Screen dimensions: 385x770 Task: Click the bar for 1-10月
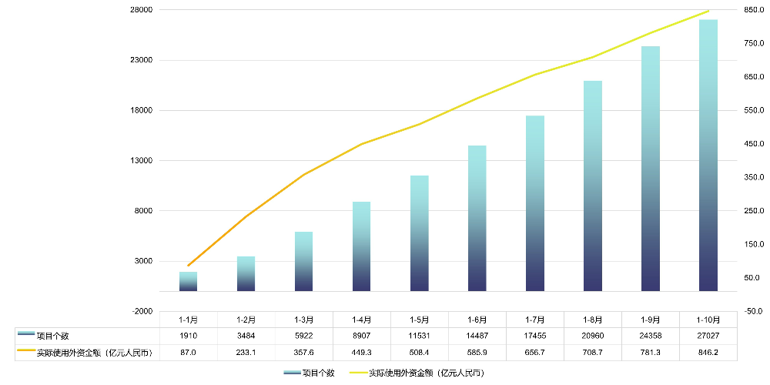[708, 155]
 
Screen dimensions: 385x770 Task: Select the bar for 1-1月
[189, 281]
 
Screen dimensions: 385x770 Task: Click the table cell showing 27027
[708, 336]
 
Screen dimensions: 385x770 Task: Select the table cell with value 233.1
[246, 353]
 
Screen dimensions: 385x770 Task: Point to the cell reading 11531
[420, 336]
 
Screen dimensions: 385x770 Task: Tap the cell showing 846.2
[708, 353]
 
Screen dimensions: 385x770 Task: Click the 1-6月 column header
[477, 319]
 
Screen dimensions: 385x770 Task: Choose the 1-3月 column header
[304, 319]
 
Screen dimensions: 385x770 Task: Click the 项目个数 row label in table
[53, 336]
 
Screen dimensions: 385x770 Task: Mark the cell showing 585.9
[477, 353]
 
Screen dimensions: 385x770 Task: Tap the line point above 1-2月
[246, 216]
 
